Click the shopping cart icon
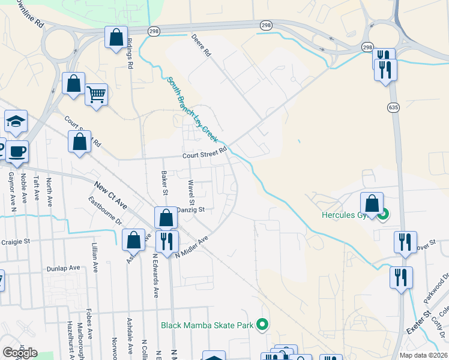(x=96, y=94)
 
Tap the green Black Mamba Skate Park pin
(x=262, y=326)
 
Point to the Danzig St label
(x=191, y=210)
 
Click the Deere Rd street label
(x=201, y=45)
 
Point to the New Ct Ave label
(x=110, y=194)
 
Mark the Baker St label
(x=164, y=183)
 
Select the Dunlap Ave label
(x=66, y=268)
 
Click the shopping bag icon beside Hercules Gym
(x=372, y=203)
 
